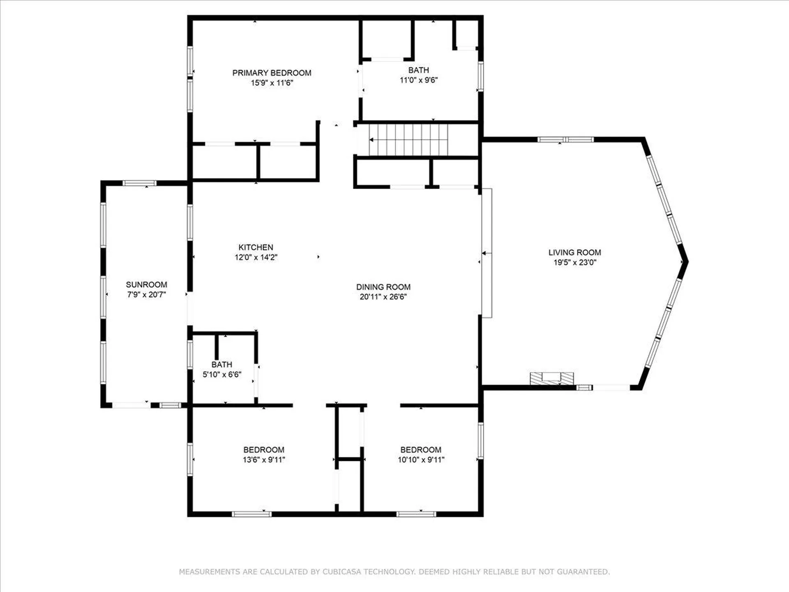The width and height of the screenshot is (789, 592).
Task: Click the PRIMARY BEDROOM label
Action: coord(272,73)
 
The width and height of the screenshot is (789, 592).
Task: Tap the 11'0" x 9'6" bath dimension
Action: coord(418,80)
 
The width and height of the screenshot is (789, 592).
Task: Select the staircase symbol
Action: coord(408,140)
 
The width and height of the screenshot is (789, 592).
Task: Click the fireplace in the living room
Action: coord(551,378)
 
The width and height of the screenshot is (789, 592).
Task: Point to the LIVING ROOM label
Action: coord(574,252)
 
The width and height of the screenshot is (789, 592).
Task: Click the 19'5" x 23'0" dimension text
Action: coord(574,262)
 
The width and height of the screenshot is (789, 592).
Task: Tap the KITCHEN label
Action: coord(256,247)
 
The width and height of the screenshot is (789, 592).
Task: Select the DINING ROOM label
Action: coord(383,287)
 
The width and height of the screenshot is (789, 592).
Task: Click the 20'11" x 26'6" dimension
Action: coord(383,297)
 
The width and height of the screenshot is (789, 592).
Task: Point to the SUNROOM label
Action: coord(146,284)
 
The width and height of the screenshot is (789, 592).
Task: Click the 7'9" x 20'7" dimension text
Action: coord(146,294)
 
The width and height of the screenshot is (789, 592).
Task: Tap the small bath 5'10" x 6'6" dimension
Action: coord(222,375)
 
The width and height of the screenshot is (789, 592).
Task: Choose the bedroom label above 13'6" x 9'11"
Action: coord(263,450)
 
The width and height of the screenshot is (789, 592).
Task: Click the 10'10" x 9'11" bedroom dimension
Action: coord(421,460)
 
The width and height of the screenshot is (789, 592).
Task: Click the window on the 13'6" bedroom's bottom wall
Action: coord(251,514)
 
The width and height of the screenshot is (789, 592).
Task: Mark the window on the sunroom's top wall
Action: coord(139,183)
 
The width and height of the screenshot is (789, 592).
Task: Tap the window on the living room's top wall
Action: coord(565,139)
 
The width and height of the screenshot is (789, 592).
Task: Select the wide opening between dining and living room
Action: coord(487,253)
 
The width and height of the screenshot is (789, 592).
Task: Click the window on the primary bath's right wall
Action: coord(480,76)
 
